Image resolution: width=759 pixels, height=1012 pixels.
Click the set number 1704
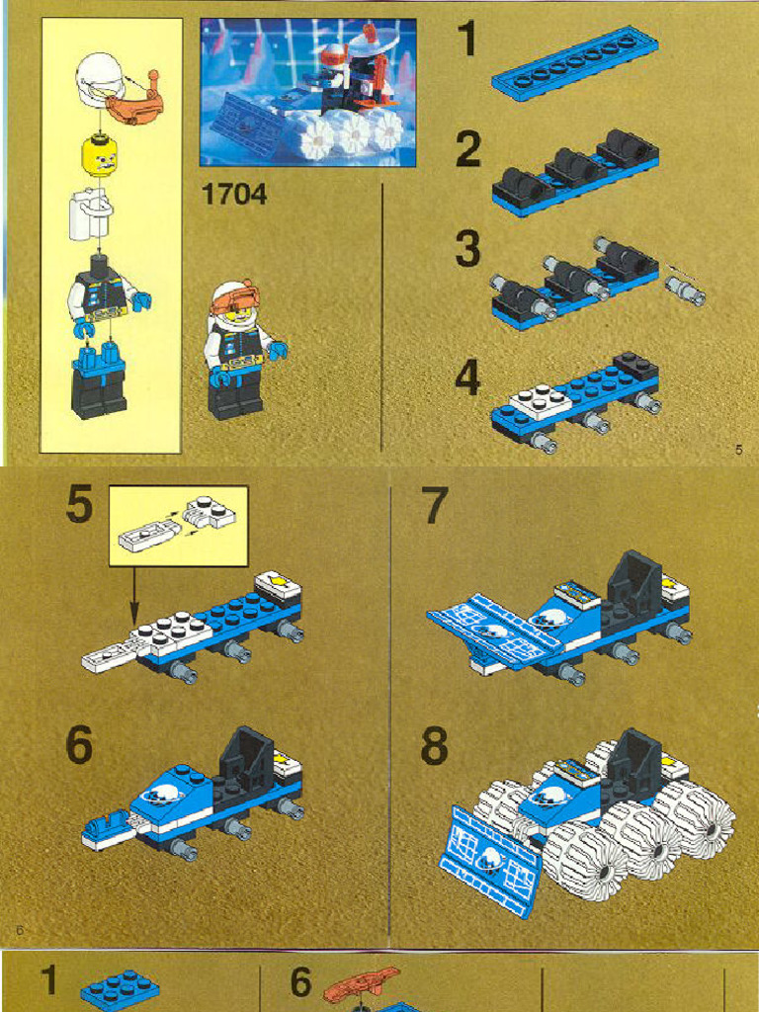(x=234, y=195)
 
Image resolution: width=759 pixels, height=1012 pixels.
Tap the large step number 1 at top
(x=467, y=41)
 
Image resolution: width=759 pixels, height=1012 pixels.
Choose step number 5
(x=80, y=507)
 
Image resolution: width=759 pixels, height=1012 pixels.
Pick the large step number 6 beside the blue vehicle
(x=80, y=745)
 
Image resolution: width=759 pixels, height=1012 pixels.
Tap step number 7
(x=435, y=507)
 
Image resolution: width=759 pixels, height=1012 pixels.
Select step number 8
(x=434, y=747)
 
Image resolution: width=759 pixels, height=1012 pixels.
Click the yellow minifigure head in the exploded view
(x=99, y=155)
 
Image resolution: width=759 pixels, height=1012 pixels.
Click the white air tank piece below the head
(x=90, y=213)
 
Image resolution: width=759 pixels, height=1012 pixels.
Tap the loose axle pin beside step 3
(x=684, y=289)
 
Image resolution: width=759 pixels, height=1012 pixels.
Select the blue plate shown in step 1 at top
(x=574, y=62)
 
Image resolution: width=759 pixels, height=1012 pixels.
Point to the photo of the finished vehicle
(x=307, y=92)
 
